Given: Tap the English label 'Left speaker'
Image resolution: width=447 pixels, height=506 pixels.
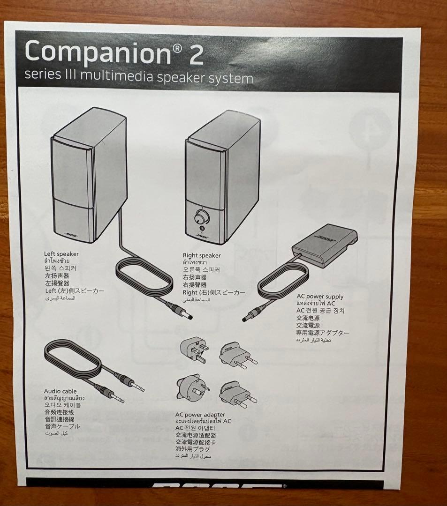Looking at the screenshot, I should pos(61,254).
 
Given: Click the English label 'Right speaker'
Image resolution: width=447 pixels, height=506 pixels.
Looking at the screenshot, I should pos(201,255).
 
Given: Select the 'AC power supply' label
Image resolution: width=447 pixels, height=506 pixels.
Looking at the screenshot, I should pos(319,297).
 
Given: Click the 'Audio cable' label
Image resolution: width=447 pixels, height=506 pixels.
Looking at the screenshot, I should pos(60,391).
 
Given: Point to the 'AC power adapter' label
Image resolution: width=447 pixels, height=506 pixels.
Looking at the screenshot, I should pos(200,415).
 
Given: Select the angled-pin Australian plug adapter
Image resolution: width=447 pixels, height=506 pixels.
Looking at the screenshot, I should pos(191,387).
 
